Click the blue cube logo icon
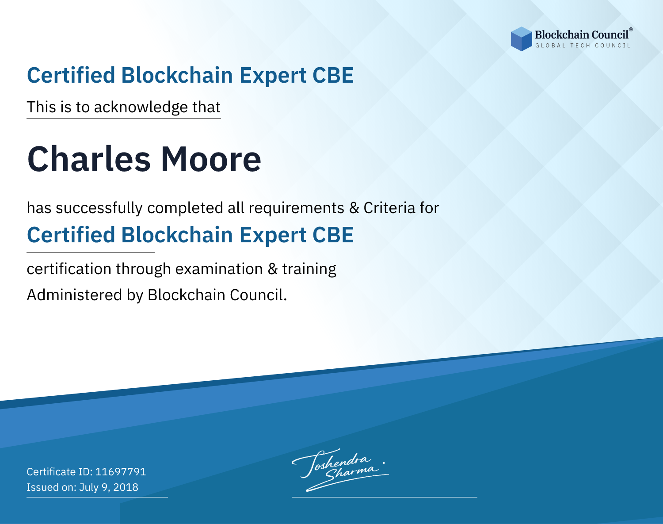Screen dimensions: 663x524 [521, 39]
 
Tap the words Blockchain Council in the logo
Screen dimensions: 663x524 [582, 35]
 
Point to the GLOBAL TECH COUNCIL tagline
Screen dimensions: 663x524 [583, 46]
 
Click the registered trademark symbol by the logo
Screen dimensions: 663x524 [631, 29]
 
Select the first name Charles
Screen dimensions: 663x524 [89, 159]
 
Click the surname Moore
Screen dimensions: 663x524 [211, 159]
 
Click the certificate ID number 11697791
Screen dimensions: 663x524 [121, 471]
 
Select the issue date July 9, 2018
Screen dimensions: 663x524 [109, 487]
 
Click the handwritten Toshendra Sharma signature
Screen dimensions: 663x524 [339, 470]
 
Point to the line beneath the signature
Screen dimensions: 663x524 [385, 497]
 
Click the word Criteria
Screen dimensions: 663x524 [389, 208]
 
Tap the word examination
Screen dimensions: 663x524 [219, 269]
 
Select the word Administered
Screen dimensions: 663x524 [75, 295]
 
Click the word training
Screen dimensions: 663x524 [309, 269]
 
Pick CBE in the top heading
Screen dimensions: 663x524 [333, 75]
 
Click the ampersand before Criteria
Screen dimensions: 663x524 [354, 208]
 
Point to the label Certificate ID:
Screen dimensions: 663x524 [60, 471]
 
